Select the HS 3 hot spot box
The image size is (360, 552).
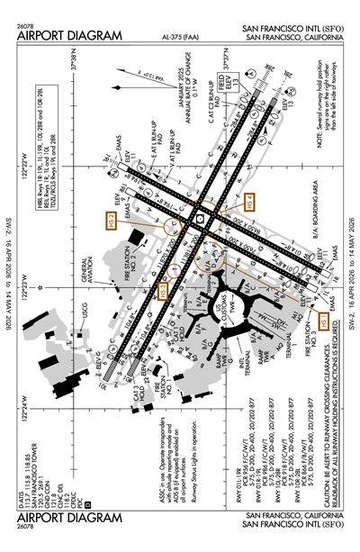163,290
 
